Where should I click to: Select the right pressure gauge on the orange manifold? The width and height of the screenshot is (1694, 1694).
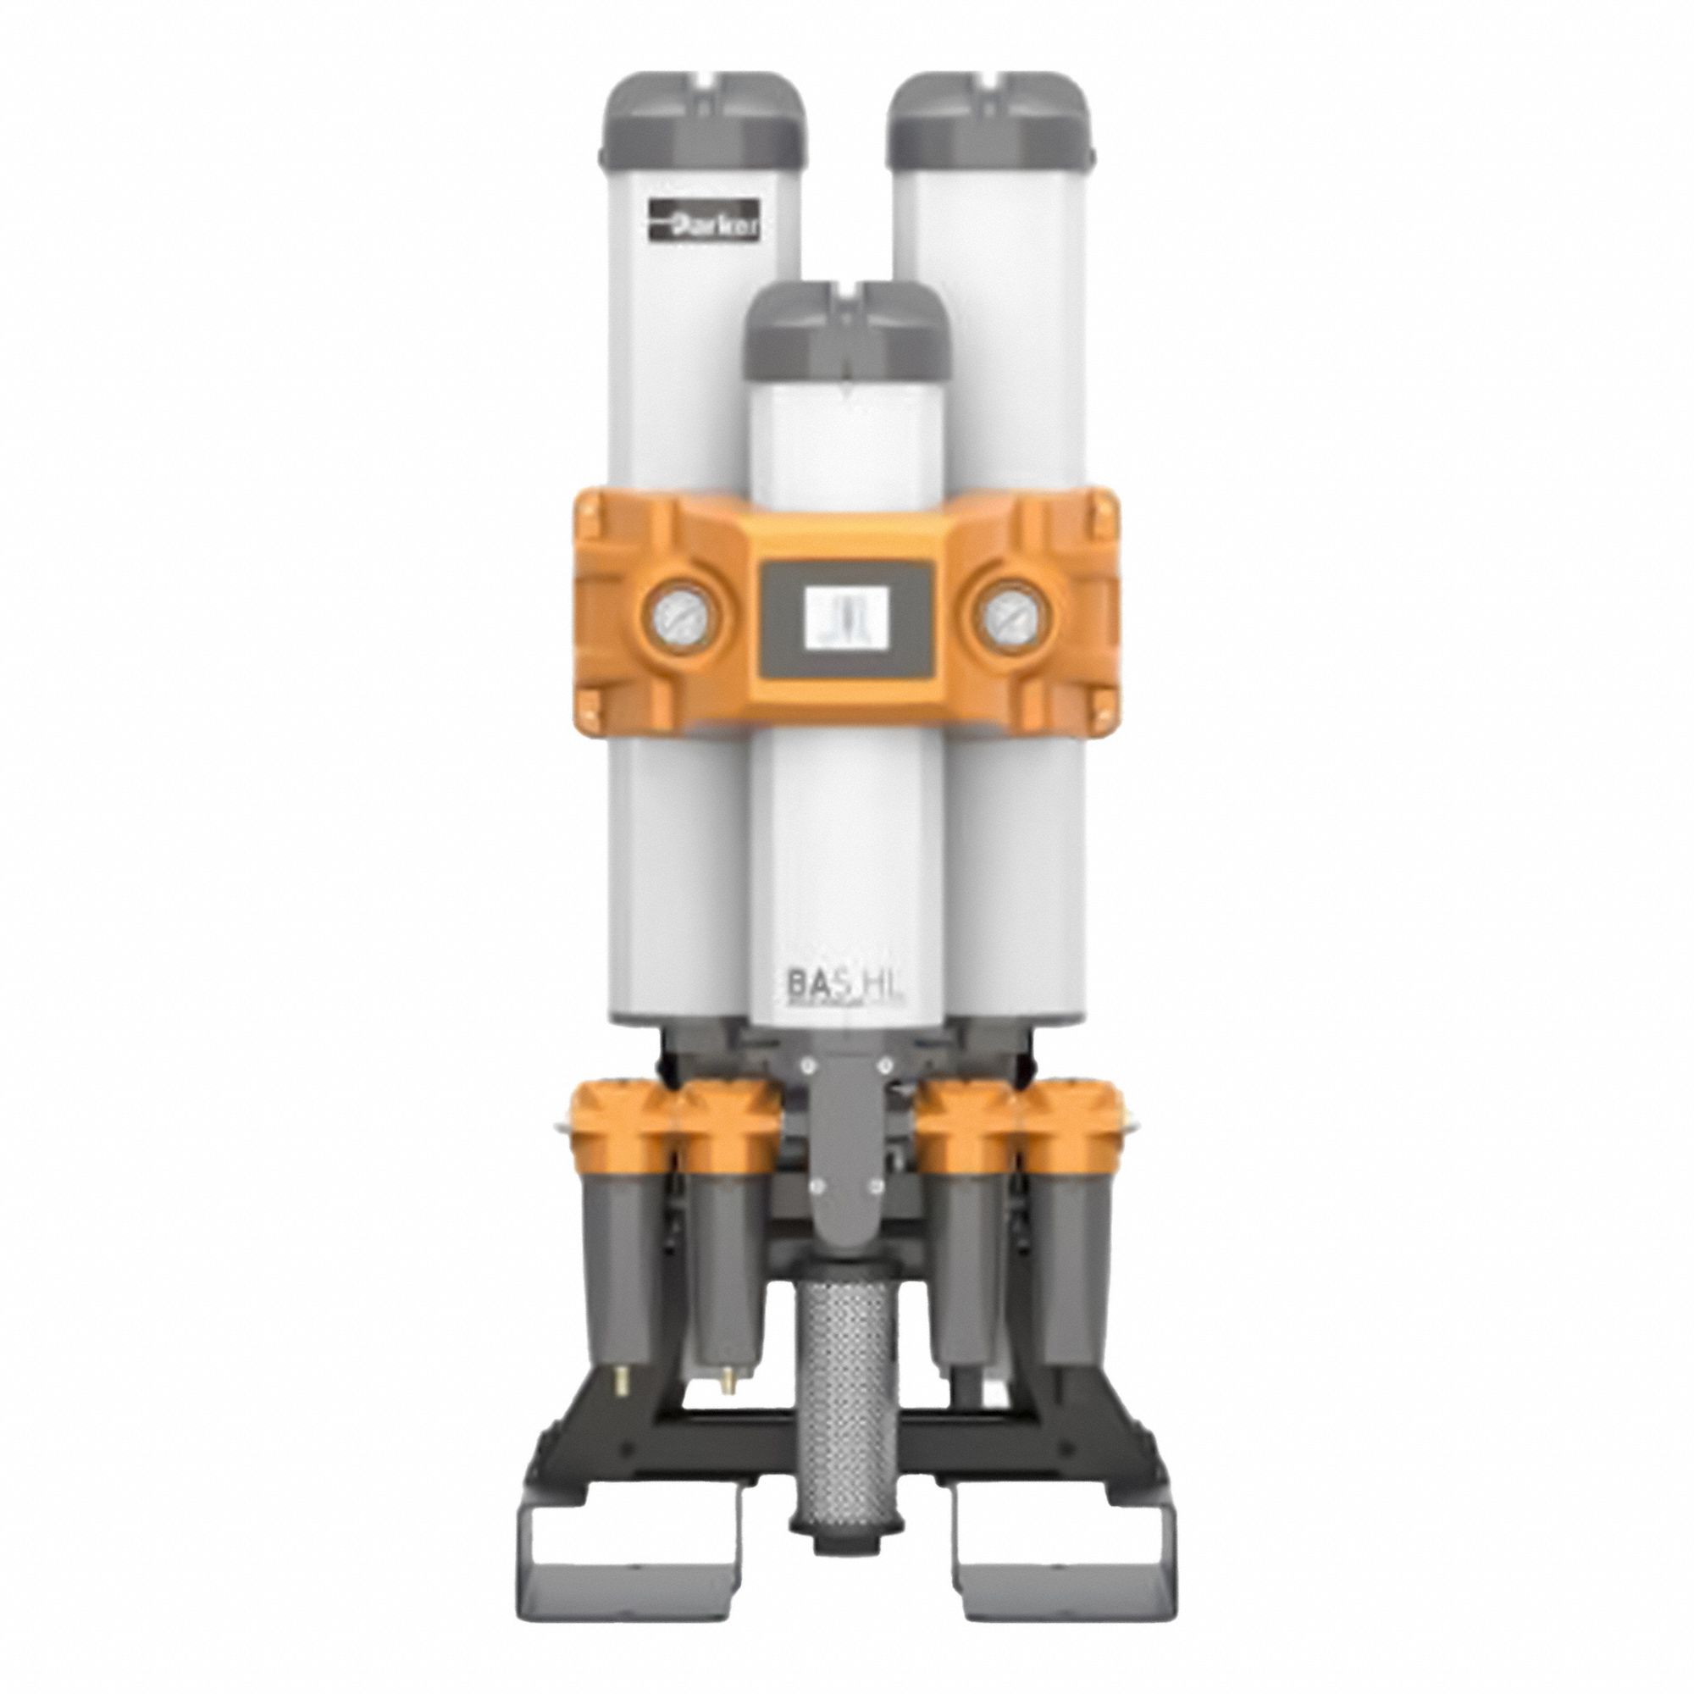[x=1006, y=625]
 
